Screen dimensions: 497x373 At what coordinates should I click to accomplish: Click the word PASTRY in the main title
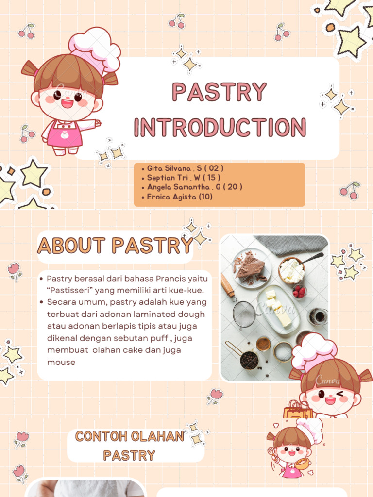[x=220, y=92]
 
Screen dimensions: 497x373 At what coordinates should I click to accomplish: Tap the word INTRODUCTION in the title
[x=220, y=127]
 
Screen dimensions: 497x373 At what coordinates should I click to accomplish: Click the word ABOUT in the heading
[x=72, y=246]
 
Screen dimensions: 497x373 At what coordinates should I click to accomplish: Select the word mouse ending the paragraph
[x=61, y=362]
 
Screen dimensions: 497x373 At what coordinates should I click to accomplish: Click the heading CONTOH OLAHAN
[x=129, y=436]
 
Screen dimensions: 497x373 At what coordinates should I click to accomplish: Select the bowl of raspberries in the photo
[x=299, y=291]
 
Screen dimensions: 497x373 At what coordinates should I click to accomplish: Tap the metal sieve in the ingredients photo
[x=244, y=314]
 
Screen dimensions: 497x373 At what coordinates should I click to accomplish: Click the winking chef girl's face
[x=330, y=396]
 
